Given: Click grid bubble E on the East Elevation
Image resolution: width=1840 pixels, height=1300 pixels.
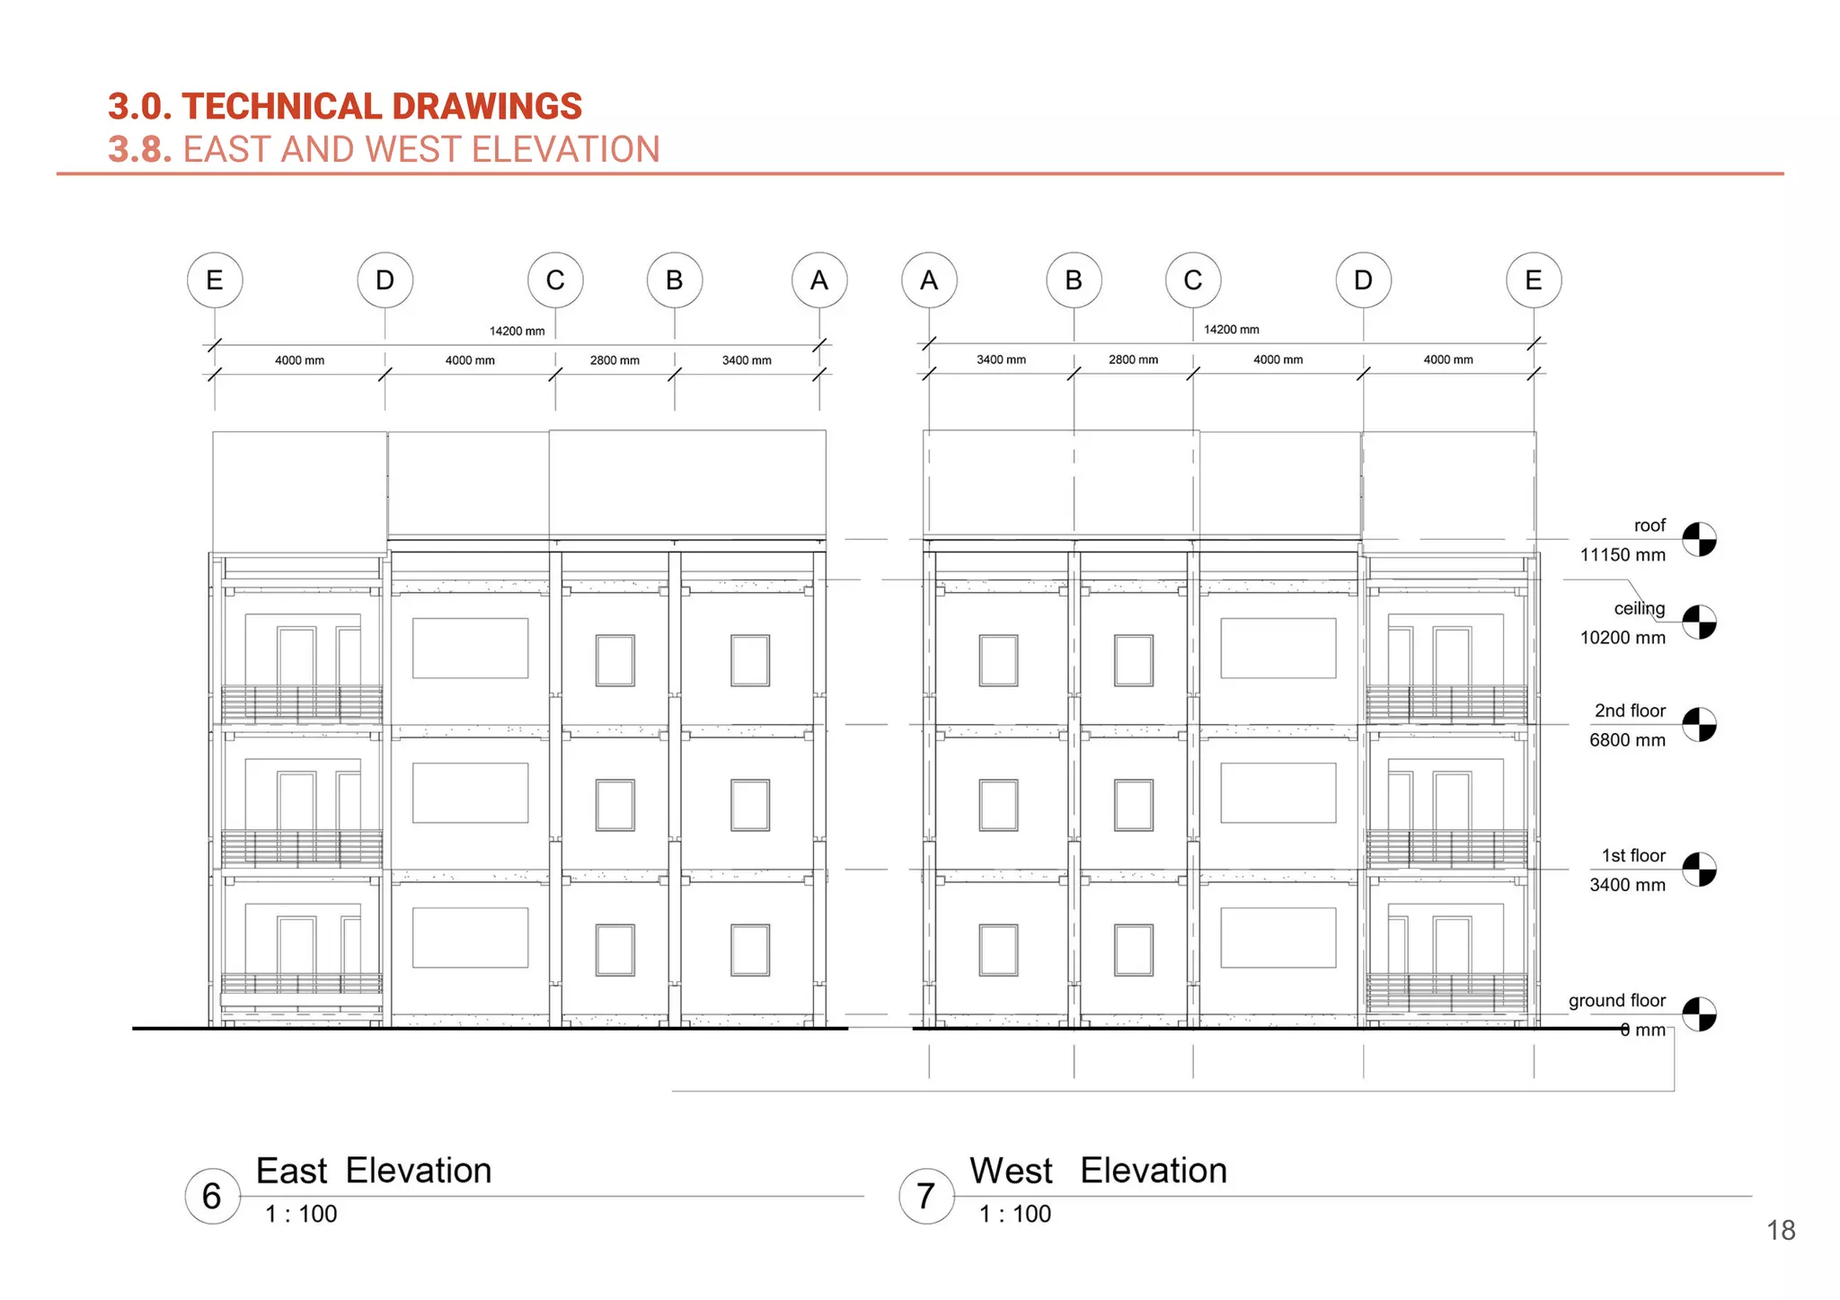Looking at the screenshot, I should coord(215,280).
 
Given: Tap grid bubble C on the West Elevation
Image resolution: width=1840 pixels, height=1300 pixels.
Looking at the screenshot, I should coord(1192,280).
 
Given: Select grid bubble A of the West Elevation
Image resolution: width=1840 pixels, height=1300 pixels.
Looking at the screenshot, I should coord(929,280).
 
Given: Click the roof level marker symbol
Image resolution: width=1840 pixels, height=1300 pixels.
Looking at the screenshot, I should coord(1699,540).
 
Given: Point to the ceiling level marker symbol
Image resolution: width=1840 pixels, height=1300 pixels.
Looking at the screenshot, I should coord(1699,622).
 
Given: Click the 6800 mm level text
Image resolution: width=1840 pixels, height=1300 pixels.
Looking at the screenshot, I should coord(1627,740).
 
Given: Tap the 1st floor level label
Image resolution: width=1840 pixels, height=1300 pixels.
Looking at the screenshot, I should coord(1632,855).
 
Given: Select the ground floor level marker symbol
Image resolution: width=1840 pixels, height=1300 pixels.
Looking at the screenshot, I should coord(1699,1014).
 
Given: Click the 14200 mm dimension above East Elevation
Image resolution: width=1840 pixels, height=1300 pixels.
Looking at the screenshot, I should coord(517,332).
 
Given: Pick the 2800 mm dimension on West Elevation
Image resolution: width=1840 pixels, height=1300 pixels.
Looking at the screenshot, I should coord(1133,359).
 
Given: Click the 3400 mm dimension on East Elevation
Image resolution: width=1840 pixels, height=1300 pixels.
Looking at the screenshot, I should coord(747,360).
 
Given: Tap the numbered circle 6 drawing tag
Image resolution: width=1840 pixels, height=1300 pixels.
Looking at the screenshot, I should coord(212,1196).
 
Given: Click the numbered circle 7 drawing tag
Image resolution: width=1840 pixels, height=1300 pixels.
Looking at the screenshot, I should coord(926,1196).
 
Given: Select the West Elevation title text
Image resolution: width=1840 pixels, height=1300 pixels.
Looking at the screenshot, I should coord(1098,1171).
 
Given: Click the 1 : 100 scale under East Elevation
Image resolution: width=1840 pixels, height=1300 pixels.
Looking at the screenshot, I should coord(301,1214).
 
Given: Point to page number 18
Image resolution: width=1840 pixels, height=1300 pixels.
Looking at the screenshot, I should coord(1781,1230).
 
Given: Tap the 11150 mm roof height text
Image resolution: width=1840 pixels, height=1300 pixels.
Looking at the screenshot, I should coord(1623,555).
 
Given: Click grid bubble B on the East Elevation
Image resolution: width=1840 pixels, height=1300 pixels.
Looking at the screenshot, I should coord(675,280).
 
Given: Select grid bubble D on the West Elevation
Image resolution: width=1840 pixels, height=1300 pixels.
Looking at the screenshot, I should coord(1363,280).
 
